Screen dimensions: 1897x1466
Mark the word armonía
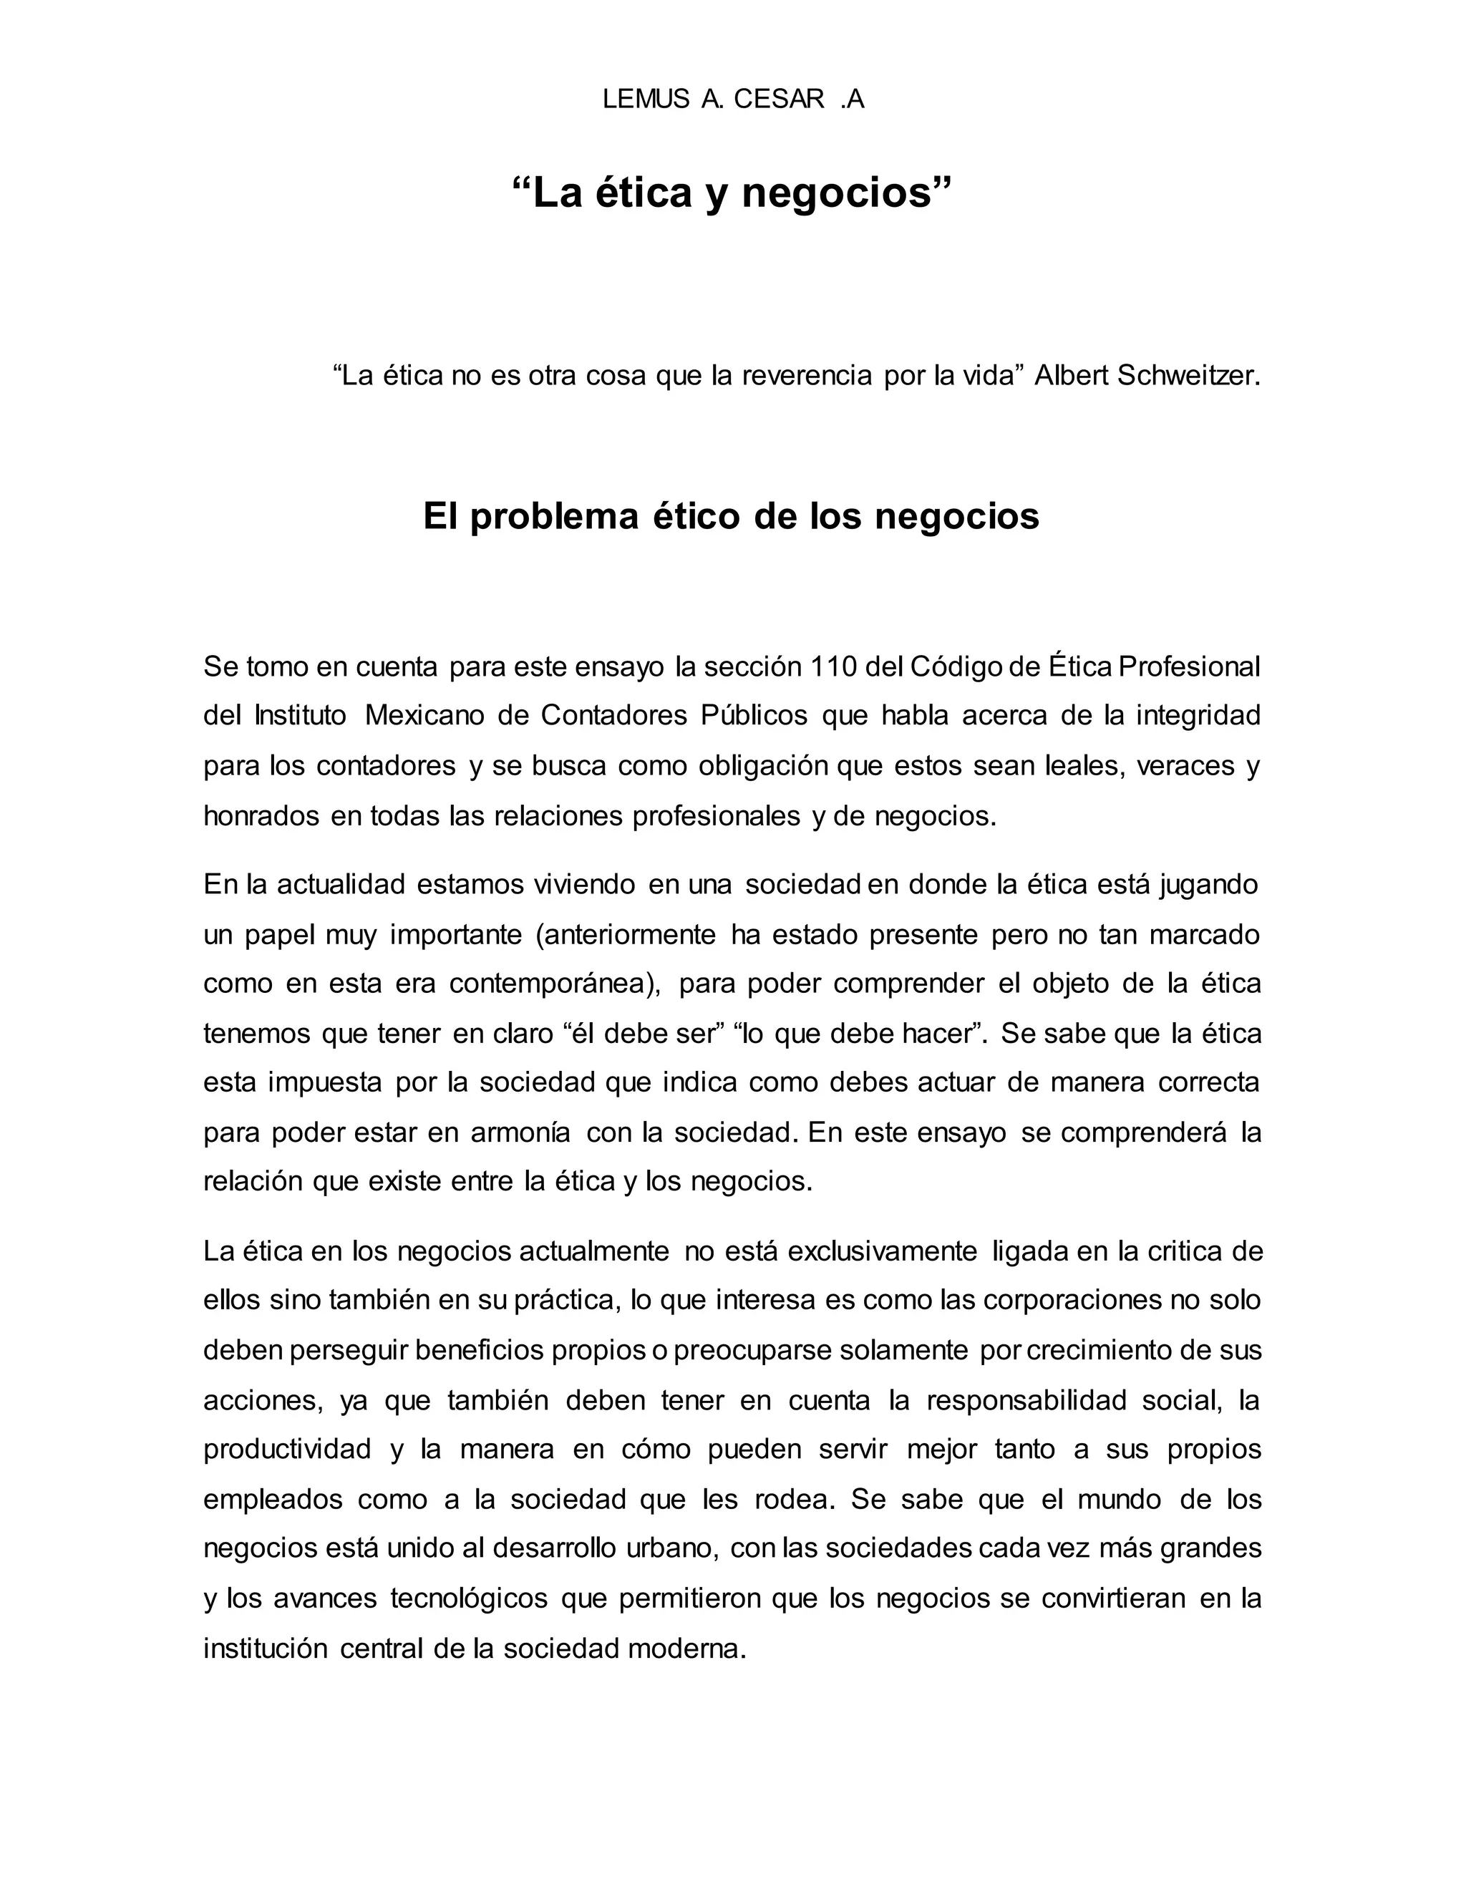tap(520, 1133)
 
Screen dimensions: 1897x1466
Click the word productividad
tap(288, 1450)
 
